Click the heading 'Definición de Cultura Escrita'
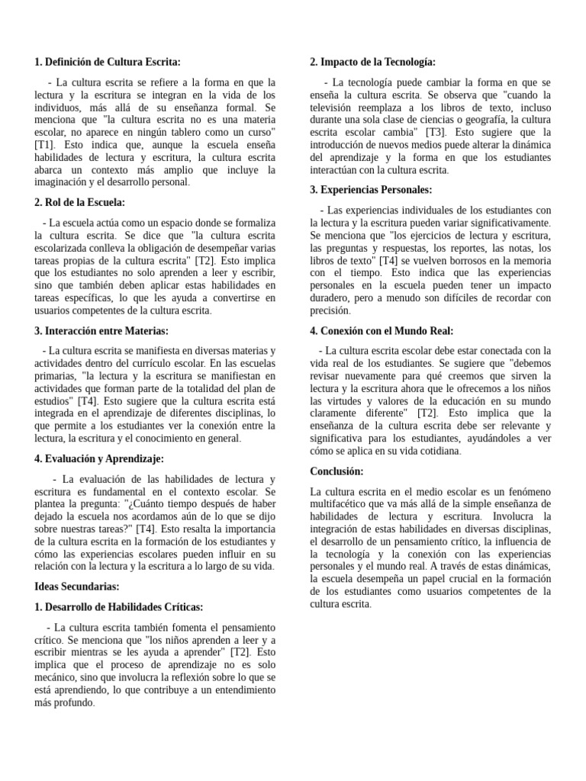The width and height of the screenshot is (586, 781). [108, 63]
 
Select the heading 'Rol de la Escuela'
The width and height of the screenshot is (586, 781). [80, 202]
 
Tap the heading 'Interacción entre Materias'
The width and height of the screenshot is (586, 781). [101, 330]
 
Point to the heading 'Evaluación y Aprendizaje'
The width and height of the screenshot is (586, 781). [99, 458]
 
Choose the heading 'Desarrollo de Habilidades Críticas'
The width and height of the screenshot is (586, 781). [119, 607]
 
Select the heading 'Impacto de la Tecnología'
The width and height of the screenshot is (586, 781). [372, 63]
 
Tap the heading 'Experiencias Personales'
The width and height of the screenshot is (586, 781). [371, 189]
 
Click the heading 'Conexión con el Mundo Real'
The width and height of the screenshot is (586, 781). [382, 330]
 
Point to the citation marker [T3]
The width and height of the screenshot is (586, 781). [439, 132]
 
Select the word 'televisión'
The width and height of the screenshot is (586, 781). [336, 108]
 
